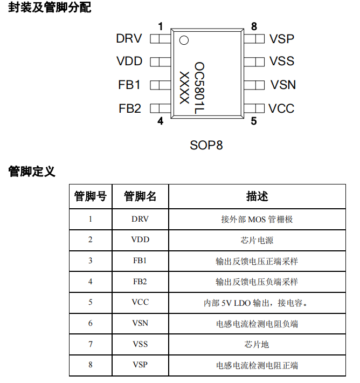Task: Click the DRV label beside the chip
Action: pyautogui.click(x=129, y=39)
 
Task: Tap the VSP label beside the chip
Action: pyautogui.click(x=282, y=39)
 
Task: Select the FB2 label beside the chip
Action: pyautogui.click(x=130, y=108)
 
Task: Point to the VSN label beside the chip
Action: pyautogui.click(x=283, y=85)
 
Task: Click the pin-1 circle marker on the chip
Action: pyautogui.click(x=184, y=40)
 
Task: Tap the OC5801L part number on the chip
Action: pyautogui.click(x=199, y=87)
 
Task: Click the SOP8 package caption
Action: pyautogui.click(x=206, y=145)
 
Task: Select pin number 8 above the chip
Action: pyautogui.click(x=254, y=26)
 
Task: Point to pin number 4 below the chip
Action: pyautogui.click(x=160, y=121)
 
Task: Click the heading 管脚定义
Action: pyautogui.click(x=32, y=172)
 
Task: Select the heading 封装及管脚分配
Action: pyautogui.click(x=50, y=8)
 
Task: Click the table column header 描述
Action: pyautogui.click(x=257, y=196)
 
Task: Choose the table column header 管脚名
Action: pyautogui.click(x=140, y=196)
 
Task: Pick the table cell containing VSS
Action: pyautogui.click(x=140, y=344)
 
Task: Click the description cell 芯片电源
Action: pyautogui.click(x=257, y=240)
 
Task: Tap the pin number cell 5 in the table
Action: pyautogui.click(x=91, y=303)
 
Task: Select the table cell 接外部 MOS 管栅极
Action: pyautogui.click(x=257, y=220)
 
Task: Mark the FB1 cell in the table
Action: pyautogui.click(x=140, y=261)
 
